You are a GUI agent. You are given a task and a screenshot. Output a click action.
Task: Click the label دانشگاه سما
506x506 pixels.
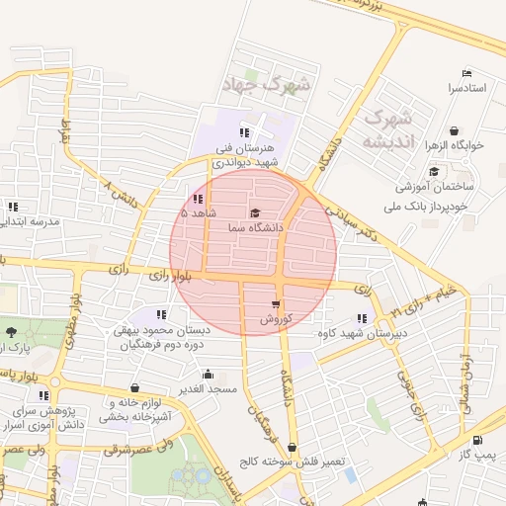coord(255,228)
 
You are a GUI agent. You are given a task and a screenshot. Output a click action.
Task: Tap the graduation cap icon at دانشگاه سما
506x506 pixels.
coord(255,212)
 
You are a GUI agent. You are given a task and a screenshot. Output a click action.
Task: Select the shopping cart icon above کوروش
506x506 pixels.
coord(275,304)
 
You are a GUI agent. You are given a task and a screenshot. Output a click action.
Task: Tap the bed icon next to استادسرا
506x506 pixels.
coord(467,73)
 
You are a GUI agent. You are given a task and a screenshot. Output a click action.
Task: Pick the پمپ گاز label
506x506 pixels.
coord(478,455)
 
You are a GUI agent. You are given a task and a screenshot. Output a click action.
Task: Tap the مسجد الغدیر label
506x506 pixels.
coord(208,390)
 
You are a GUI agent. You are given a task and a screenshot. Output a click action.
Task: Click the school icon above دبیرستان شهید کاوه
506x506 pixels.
coord(361,319)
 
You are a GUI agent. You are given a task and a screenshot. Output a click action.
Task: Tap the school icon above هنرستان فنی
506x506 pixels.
coord(244,132)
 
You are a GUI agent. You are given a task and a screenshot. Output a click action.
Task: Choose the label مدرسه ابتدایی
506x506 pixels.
coord(30,221)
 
